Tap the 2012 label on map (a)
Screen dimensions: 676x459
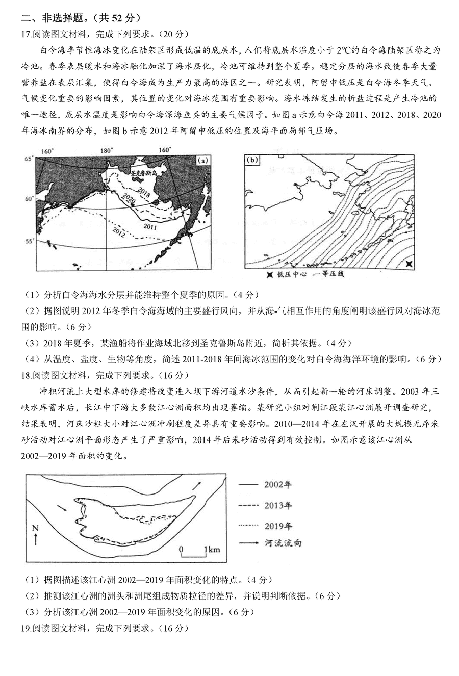(119, 233)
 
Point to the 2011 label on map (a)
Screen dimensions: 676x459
(150, 225)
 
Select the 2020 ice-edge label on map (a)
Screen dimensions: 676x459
(130, 199)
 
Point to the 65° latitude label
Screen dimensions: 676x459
(28, 159)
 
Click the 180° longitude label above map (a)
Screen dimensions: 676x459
(106, 150)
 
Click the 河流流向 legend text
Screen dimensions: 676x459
(284, 543)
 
